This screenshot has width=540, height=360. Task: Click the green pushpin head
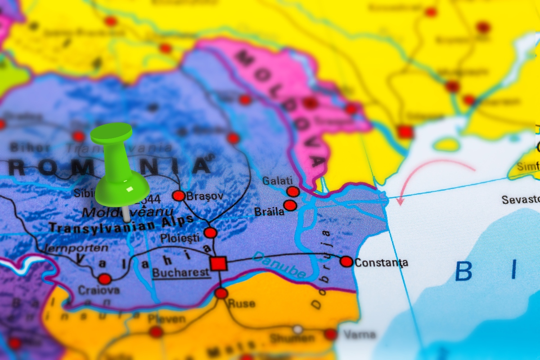pos(112,133)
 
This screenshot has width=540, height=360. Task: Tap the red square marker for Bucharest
pos(218,263)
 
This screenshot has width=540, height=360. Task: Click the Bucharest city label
pos(181,272)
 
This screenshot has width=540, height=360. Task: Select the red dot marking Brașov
pos(179,196)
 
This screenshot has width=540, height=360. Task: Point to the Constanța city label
pos(381,262)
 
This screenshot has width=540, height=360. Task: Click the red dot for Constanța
pos(346,261)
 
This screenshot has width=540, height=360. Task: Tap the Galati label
pos(274,181)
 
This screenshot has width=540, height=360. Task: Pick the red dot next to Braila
pos(290,206)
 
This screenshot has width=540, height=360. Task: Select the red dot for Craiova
pos(104,279)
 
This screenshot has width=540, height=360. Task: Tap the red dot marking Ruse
pos(221,293)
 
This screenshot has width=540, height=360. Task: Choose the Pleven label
pos(166,319)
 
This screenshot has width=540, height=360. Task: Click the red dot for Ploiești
pos(210,233)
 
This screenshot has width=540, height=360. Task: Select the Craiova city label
pos(99,291)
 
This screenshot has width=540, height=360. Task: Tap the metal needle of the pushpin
pos(126,214)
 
